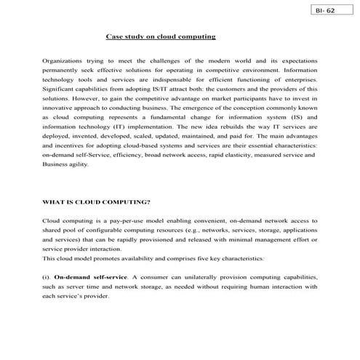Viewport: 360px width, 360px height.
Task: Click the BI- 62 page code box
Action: tap(324, 12)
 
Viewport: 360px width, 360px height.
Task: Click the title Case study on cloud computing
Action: tap(161, 36)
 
